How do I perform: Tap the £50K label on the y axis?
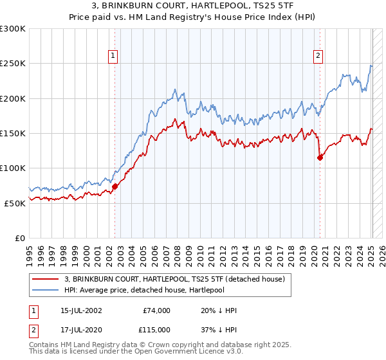click(15, 203)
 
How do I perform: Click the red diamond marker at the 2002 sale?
click(115, 186)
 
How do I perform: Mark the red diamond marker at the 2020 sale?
click(320, 157)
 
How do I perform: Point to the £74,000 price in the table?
click(156, 310)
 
